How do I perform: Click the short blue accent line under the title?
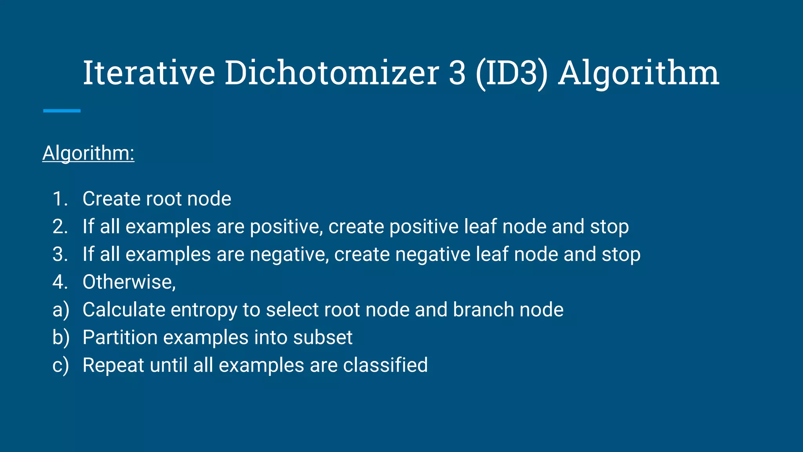coord(62,111)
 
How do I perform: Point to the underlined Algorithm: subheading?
coord(88,153)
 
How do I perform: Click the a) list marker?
coord(61,310)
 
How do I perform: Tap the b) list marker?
coord(61,337)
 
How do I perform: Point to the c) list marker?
coord(61,365)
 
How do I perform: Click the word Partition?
coord(120,337)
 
